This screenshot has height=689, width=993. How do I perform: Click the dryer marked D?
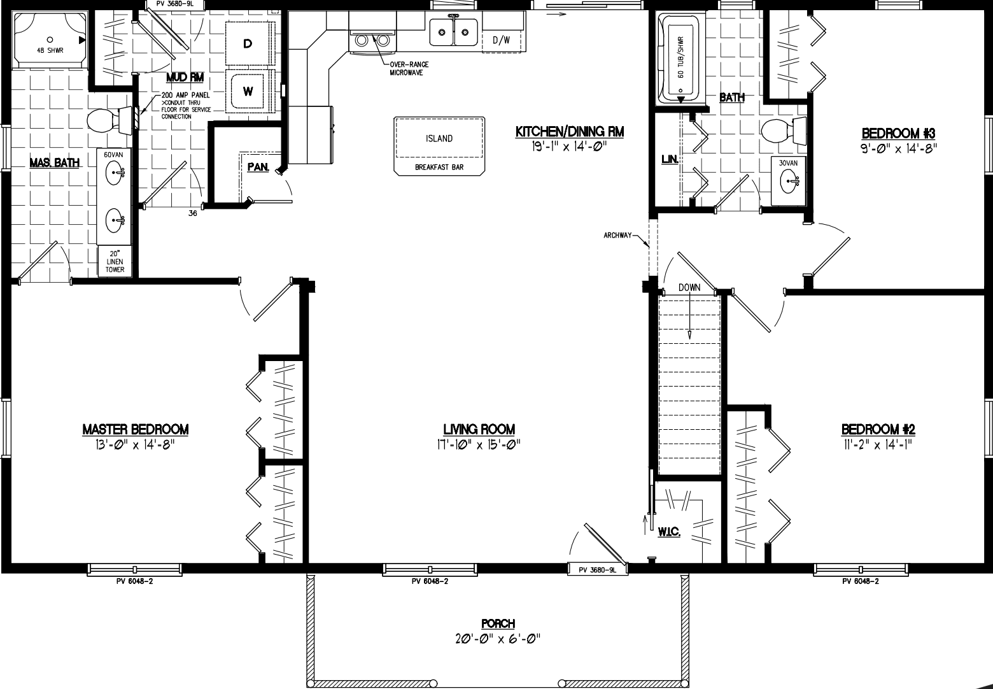coord(248,43)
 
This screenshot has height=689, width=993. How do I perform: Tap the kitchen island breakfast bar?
coord(439,145)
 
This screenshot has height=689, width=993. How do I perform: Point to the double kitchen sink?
coord(453,31)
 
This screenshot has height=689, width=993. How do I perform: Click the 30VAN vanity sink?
coord(788,181)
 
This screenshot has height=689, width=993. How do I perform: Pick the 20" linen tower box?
coord(115,261)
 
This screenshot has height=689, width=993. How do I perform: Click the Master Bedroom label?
coord(136,430)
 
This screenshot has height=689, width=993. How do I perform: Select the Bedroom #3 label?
coord(898,134)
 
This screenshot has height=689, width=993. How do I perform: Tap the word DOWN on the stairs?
coord(689,287)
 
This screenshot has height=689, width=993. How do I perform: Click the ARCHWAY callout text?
coord(617,236)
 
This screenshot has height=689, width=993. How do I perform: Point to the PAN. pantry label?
coord(257,167)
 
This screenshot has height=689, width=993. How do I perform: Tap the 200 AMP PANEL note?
coord(185,105)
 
